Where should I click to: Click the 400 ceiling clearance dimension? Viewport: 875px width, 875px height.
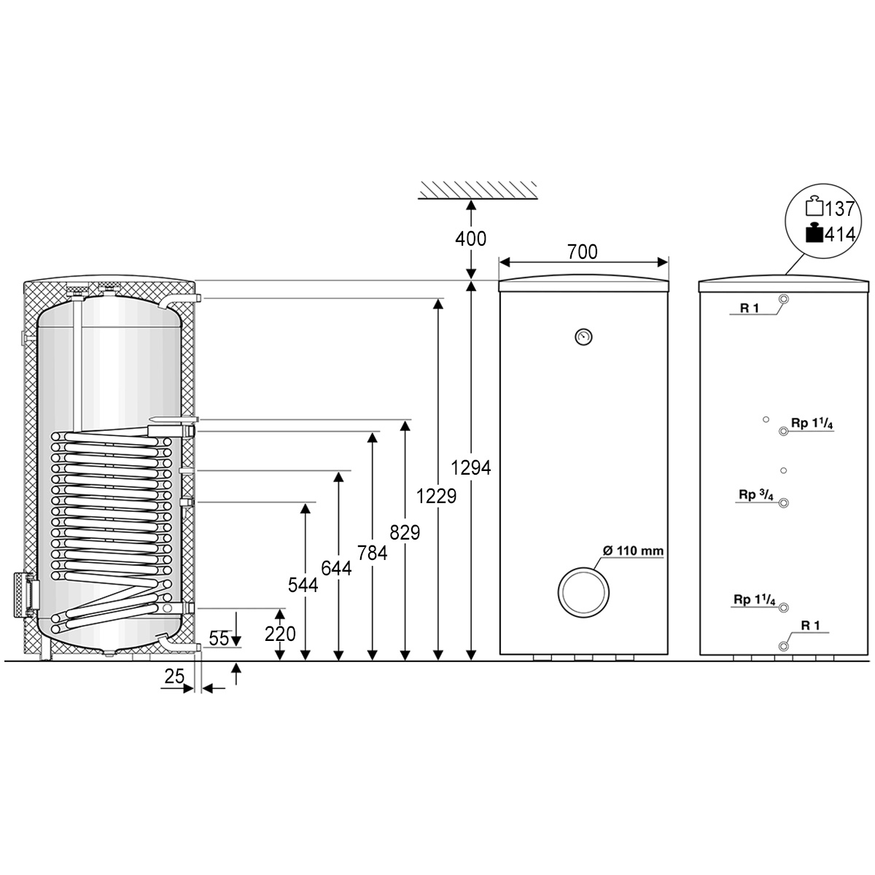[x=471, y=238]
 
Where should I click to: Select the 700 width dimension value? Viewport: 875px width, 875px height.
[x=582, y=252]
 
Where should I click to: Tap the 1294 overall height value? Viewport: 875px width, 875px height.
[x=471, y=467]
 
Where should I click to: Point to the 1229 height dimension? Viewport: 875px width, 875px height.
[x=437, y=496]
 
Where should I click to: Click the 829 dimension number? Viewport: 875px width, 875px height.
[x=404, y=533]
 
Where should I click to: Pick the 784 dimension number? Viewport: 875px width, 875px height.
[x=372, y=553]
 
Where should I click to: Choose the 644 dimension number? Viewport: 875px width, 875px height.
[x=337, y=568]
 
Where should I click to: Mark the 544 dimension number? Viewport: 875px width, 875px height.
[x=303, y=585]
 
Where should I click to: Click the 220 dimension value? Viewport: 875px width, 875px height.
[x=280, y=634]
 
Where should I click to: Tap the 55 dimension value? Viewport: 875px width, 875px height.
[x=219, y=639]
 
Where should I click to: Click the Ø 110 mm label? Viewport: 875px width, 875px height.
[x=633, y=551]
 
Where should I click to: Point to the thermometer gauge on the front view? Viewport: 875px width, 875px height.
[x=583, y=336]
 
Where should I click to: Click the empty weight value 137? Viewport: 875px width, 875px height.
[x=839, y=209]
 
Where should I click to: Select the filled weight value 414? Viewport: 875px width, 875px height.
[x=839, y=233]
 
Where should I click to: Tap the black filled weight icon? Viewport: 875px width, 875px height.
[x=813, y=233]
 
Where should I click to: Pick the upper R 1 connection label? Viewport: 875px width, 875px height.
[x=750, y=308]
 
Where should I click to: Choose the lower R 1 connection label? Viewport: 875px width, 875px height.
[x=810, y=626]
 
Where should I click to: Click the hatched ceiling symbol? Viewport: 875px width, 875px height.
[x=478, y=190]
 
